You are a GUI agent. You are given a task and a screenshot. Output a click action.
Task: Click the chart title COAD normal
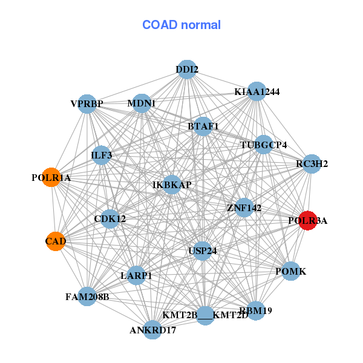181,25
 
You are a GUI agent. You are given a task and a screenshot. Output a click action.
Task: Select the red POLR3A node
308,220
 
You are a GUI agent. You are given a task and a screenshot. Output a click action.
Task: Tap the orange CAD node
55,241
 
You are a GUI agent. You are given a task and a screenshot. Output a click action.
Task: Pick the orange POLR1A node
51,178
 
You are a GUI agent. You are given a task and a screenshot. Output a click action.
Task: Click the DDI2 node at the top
187,70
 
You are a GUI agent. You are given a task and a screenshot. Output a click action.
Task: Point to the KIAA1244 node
257,91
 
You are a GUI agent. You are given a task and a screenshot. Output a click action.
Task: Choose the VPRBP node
87,103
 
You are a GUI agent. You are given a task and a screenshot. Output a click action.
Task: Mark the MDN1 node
142,103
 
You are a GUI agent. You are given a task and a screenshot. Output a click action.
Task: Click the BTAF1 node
203,126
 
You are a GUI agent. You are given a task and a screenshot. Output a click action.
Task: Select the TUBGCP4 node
263,145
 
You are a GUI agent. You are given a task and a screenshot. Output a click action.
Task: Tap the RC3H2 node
312,163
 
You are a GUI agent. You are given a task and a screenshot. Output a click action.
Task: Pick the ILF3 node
102,155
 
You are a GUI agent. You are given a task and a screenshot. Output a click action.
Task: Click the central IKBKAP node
172,184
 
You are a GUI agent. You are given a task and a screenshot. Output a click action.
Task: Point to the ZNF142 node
244,208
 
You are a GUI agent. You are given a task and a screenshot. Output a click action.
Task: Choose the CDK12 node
110,218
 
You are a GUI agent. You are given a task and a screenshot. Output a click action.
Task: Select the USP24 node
203,250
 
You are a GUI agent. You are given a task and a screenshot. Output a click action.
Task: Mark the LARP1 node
136,275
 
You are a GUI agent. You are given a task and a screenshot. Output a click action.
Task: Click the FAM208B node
87,296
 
